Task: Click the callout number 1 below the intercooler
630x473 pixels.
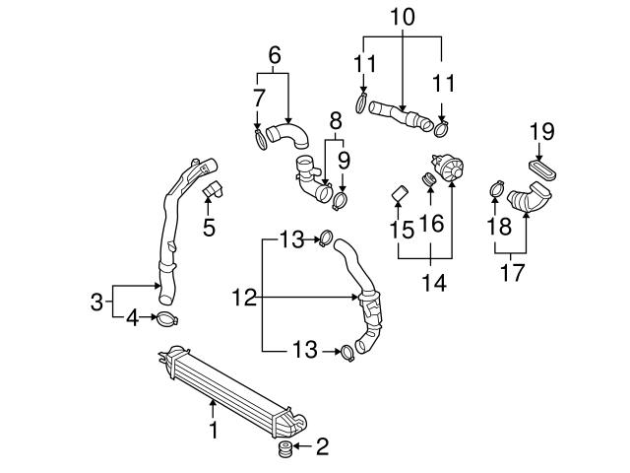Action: (x=213, y=430)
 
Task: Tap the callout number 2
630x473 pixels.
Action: (x=321, y=448)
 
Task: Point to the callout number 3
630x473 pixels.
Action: (x=96, y=302)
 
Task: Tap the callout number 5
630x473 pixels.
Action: (x=209, y=227)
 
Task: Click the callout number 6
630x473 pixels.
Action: (x=275, y=55)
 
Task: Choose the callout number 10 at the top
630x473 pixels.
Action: (x=403, y=18)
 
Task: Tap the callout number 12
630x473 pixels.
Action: (x=245, y=296)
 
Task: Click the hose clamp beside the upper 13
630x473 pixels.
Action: (x=324, y=236)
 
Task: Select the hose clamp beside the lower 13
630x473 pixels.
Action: (x=346, y=351)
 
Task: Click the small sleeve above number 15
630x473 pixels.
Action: (x=399, y=192)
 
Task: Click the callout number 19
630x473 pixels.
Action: (x=542, y=130)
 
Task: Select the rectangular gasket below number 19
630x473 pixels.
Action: (x=542, y=169)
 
